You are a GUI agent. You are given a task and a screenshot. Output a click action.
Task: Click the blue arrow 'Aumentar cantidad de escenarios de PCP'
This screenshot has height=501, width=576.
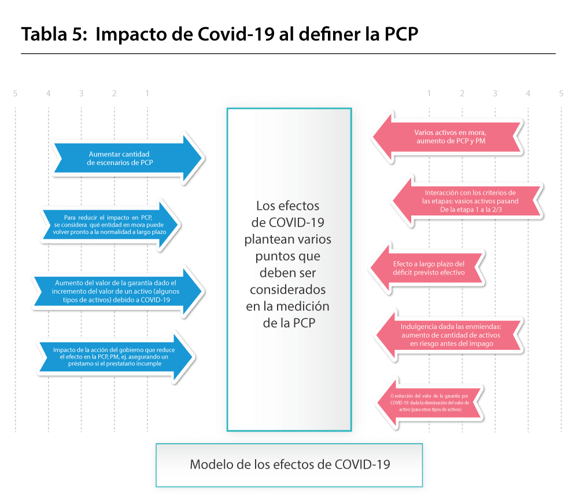127,158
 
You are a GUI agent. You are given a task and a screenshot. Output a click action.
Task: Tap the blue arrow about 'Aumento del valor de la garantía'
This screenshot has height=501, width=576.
117,291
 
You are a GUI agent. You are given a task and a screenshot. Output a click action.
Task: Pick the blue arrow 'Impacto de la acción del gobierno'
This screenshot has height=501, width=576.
116,357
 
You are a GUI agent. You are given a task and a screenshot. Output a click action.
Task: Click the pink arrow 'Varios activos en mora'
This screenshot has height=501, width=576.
448,137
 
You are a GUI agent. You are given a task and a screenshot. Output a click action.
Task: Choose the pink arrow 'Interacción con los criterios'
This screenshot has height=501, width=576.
467,201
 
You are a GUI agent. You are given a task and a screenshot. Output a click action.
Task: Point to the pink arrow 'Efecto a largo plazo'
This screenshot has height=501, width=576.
427,268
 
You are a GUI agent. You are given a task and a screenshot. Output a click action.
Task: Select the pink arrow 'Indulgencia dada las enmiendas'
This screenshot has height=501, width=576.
449,335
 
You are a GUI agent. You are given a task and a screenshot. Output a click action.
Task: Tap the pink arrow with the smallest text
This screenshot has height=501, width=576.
429,403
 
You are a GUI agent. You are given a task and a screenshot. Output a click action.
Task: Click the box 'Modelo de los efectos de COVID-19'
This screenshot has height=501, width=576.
289,465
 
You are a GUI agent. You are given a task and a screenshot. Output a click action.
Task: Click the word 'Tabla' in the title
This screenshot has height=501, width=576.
44,34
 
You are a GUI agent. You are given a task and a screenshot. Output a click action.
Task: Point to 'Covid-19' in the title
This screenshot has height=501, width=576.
236,34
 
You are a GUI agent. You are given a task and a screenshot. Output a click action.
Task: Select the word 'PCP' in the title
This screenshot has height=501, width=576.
401,34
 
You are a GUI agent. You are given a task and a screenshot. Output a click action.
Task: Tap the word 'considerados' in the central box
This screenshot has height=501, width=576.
287,290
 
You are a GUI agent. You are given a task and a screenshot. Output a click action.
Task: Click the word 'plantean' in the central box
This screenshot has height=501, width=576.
263,239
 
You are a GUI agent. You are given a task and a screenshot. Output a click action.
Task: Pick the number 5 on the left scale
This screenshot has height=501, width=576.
15,94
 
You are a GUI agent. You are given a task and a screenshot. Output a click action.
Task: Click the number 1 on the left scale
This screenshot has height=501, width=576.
147,94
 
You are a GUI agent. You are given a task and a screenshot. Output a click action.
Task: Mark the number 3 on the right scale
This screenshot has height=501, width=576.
495,94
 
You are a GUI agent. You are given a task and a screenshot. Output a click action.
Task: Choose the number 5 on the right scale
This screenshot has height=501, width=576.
561,94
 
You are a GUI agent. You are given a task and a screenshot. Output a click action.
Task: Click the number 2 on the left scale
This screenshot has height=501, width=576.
115,94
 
